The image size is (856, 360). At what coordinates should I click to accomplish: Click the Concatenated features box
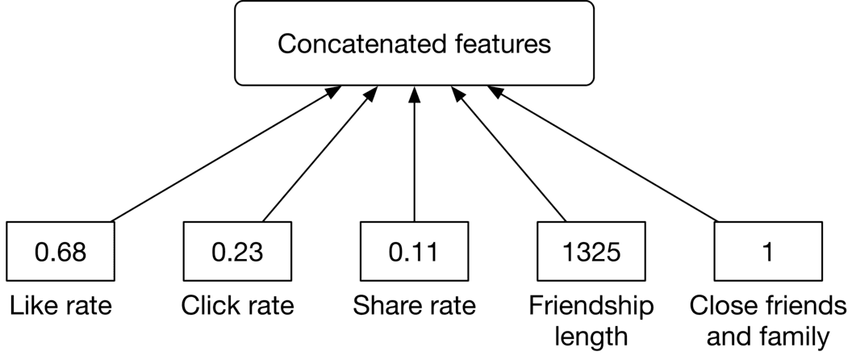pyautogui.click(x=414, y=43)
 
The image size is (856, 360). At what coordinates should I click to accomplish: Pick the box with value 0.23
pyautogui.click(x=237, y=253)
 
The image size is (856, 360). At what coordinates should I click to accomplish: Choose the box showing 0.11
pyautogui.click(x=414, y=253)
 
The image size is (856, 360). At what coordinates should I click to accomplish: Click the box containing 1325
pyautogui.click(x=591, y=253)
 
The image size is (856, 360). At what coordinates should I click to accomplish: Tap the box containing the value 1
pyautogui.click(x=768, y=253)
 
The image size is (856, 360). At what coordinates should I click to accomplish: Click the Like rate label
pyautogui.click(x=61, y=307)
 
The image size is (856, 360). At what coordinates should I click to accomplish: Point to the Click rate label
pyautogui.click(x=237, y=307)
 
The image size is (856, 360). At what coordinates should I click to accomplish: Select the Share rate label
pyautogui.click(x=414, y=307)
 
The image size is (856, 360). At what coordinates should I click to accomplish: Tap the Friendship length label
pyautogui.click(x=591, y=320)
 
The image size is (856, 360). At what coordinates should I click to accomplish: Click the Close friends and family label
pyautogui.click(x=768, y=320)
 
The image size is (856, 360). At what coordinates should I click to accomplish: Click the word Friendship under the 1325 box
pyautogui.click(x=591, y=307)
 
